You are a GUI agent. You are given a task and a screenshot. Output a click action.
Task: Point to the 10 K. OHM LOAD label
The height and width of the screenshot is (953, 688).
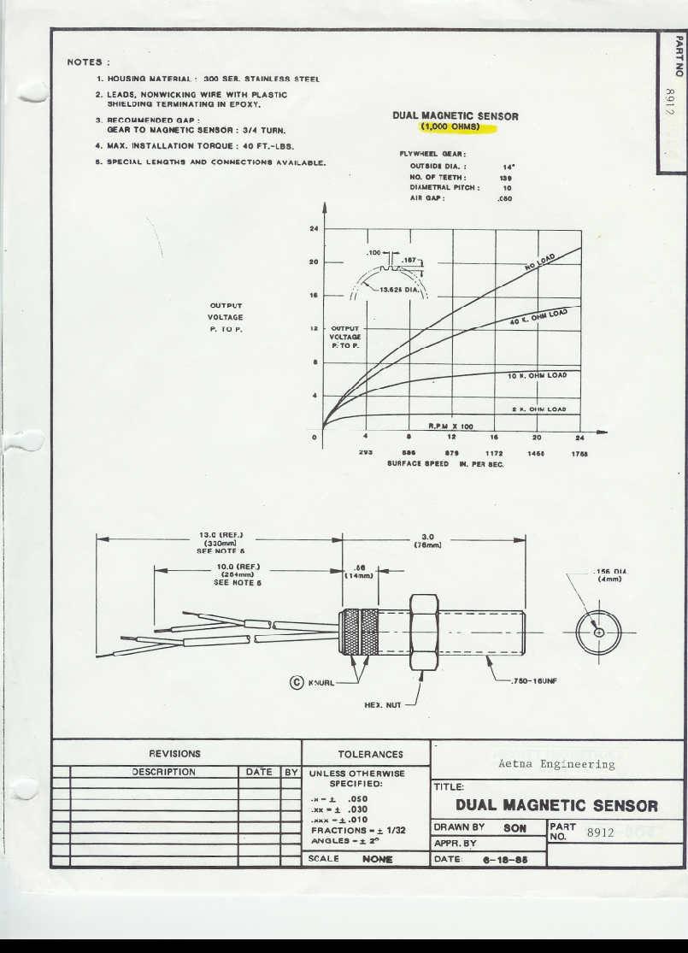tap(537, 374)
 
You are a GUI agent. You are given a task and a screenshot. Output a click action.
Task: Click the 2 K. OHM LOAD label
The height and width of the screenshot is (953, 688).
tap(538, 409)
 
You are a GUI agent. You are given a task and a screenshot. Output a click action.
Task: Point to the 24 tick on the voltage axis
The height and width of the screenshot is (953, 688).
tap(314, 229)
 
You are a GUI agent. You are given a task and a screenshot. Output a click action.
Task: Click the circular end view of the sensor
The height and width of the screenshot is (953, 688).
tap(597, 632)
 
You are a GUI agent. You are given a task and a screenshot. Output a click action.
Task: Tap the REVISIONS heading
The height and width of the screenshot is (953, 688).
tap(175, 755)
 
